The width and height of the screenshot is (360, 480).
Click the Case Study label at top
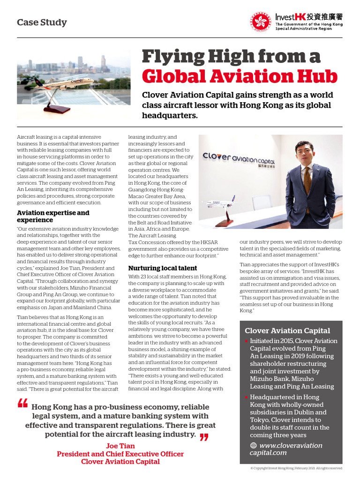coord(42,22)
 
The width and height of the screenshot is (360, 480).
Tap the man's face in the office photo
coord(305,153)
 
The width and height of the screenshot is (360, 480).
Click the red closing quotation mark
coord(203,437)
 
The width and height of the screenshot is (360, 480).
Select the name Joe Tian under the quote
coord(120,446)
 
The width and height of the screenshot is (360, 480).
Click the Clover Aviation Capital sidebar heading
coord(287,330)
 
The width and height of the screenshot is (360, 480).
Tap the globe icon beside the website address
coord(254,446)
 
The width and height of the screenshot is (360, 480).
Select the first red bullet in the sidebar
coord(247,341)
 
